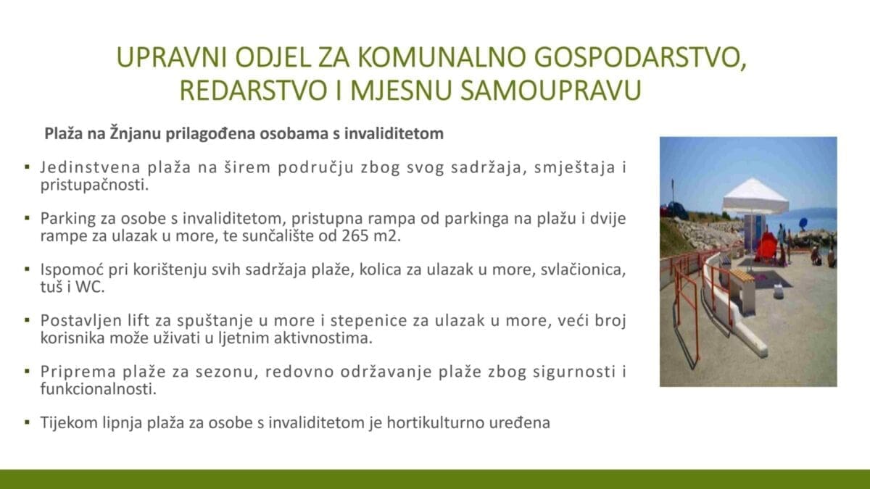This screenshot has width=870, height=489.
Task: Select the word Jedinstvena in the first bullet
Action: coord(91,167)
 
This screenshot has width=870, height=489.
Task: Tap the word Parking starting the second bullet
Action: coord(68,219)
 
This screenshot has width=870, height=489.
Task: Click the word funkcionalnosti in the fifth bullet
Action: coord(99,389)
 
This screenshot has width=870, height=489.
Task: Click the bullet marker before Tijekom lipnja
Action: coord(27,422)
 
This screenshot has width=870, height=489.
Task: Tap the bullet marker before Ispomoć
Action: coord(27,269)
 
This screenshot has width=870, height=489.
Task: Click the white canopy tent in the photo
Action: coord(755,197)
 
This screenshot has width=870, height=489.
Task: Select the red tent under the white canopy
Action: coord(766,246)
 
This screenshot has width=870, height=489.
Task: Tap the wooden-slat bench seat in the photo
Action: coord(742,276)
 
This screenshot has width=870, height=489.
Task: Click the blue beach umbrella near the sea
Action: coord(803,223)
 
